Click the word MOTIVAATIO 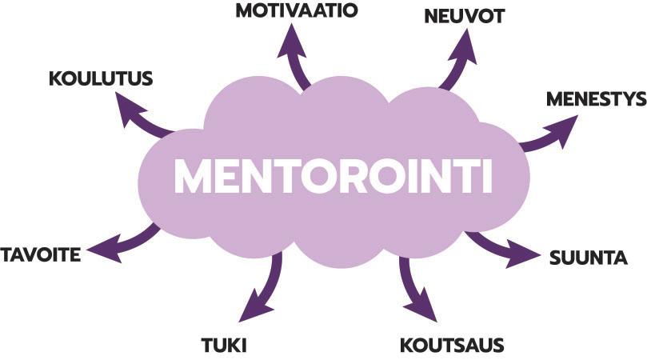click(x=296, y=10)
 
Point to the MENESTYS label click(x=596, y=99)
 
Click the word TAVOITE click(x=41, y=255)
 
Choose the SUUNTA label click(x=588, y=258)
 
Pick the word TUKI click(x=223, y=346)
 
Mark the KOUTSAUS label click(x=452, y=346)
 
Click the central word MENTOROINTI click(x=333, y=177)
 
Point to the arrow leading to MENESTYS click(x=551, y=134)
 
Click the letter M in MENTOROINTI click(x=194, y=177)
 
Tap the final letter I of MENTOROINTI click(x=486, y=177)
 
